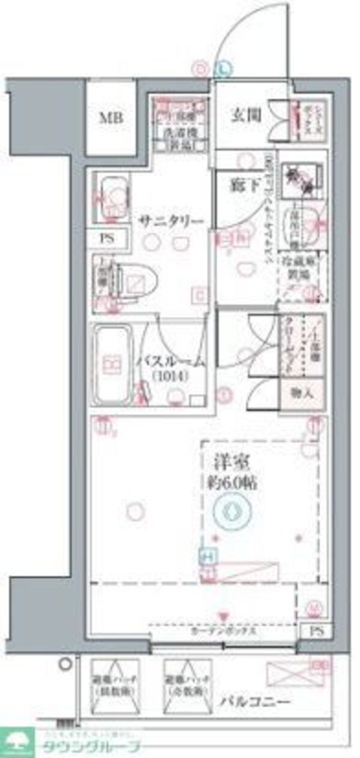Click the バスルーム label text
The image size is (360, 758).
[x=171, y=361]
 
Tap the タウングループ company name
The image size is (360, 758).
[x=91, y=747]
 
